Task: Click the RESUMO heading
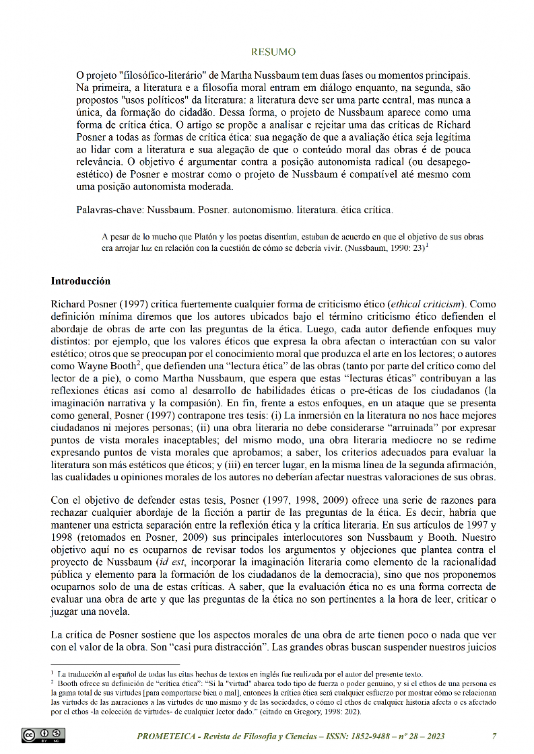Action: coord(273,52)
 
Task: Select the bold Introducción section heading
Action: coord(81,280)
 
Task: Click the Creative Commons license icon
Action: coord(44,737)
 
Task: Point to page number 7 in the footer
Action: coord(494,736)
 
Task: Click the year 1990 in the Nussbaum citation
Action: coord(395,247)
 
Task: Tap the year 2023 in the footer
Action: coord(432,736)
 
